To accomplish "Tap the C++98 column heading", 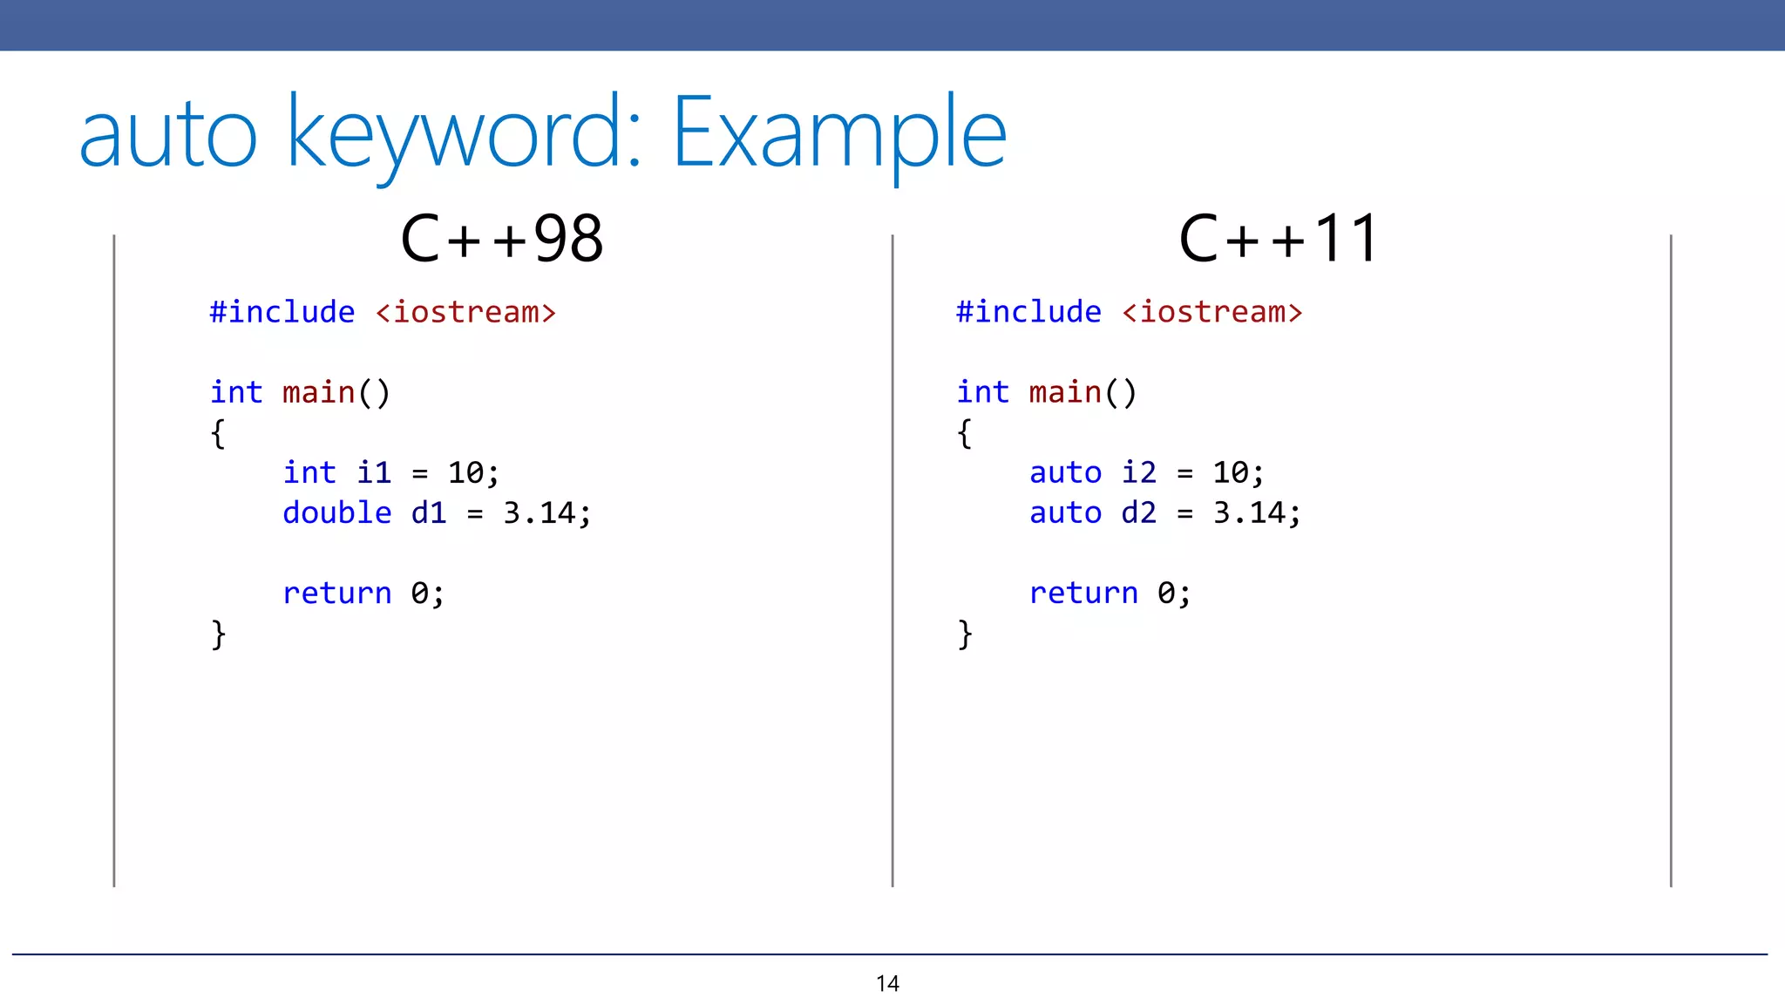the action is point(501,239).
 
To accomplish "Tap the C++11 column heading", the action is point(1279,239).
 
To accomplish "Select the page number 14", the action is point(887,984).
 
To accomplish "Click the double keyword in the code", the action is point(336,512).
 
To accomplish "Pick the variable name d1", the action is point(428,512).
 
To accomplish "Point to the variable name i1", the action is point(373,472).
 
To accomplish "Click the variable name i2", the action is point(1138,472).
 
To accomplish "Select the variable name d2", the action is point(1138,512).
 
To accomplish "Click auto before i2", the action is point(1065,472).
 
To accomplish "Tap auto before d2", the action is point(1065,512).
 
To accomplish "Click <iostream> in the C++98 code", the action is point(465,312).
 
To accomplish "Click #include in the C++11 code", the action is point(1028,312).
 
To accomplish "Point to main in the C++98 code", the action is point(318,392).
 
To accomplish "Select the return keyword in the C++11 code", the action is point(1083,593).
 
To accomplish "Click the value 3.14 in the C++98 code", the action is point(539,512).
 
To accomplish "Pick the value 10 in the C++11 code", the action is point(1230,472).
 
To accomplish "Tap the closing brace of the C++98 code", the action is point(218,634).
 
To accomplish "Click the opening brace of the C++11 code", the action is point(964,433).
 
